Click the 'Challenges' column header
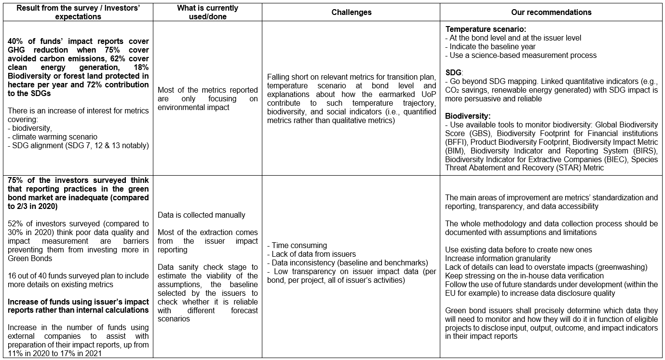click(x=351, y=13)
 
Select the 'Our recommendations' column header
click(x=552, y=13)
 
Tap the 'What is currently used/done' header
click(x=207, y=13)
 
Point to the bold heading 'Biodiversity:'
click(x=468, y=116)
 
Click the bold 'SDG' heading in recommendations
click(x=454, y=72)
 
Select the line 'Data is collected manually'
click(x=202, y=215)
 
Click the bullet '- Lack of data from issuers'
click(x=314, y=254)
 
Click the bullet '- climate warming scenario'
click(x=53, y=137)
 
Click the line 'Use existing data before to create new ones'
click(x=518, y=249)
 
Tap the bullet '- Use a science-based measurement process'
click(x=521, y=55)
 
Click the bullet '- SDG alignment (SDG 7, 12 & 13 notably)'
click(x=79, y=145)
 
